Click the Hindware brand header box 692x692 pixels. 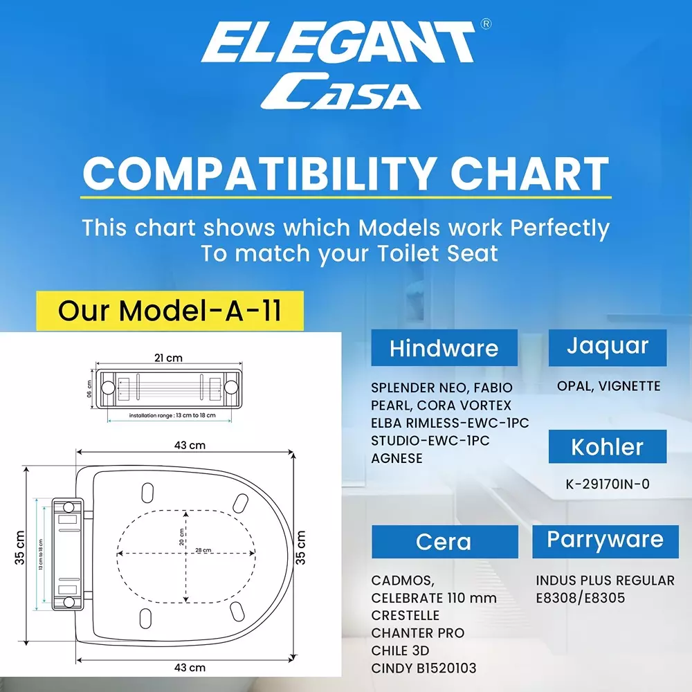444,347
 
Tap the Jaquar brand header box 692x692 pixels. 608,347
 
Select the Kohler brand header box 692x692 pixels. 608,446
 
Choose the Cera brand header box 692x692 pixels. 444,542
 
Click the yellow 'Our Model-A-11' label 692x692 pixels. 170,311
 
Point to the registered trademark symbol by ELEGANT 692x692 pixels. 486,24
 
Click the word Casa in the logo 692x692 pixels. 340,91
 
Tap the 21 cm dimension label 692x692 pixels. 168,358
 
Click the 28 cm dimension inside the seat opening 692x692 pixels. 203,550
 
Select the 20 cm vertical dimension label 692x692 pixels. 181,537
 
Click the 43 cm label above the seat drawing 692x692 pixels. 190,445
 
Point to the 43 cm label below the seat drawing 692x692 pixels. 190,668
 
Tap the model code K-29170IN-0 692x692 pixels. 608,484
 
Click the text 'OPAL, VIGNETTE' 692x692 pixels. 608,386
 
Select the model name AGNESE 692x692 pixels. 397,459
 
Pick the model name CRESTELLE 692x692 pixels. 405,615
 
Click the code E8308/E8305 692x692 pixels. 581,598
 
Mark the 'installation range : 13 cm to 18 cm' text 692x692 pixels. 172,415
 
